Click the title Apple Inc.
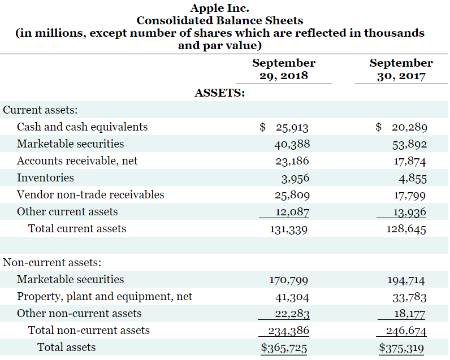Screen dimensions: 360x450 click(219, 8)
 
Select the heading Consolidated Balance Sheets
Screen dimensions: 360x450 click(219, 20)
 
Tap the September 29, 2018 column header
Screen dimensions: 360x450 click(283, 69)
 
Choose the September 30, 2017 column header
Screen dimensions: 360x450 click(401, 69)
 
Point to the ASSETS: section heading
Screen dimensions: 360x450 click(219, 93)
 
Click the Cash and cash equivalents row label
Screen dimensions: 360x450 click(82, 127)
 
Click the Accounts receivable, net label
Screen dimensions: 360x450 click(77, 161)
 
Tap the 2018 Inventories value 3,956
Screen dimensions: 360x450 click(295, 179)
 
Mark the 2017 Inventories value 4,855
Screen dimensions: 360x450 click(412, 179)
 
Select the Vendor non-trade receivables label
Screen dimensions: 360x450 click(90, 195)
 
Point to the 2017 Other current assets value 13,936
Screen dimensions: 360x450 click(409, 212)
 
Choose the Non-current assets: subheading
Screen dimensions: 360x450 click(52, 262)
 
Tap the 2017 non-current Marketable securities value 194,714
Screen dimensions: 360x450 click(406, 280)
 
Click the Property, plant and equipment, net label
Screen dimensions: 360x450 click(105, 297)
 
